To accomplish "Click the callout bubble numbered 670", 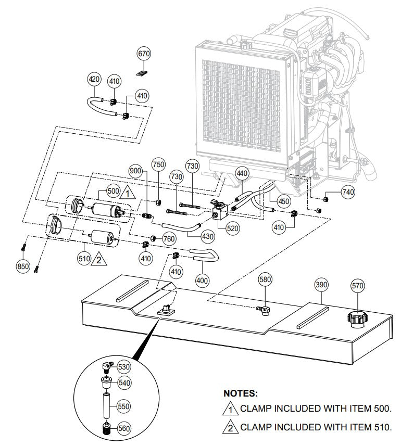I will point(144,53).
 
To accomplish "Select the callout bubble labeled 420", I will point(94,80).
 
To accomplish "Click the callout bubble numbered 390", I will point(321,285).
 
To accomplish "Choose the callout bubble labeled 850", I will point(23,266).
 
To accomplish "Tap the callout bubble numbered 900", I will point(135,171).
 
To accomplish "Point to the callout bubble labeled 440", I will point(242,173).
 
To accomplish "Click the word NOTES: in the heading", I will point(240,394).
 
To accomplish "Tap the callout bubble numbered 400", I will point(203,280).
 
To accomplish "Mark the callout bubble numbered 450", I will point(283,201).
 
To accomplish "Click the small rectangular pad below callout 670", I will point(143,72).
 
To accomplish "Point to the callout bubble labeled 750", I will point(158,164).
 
